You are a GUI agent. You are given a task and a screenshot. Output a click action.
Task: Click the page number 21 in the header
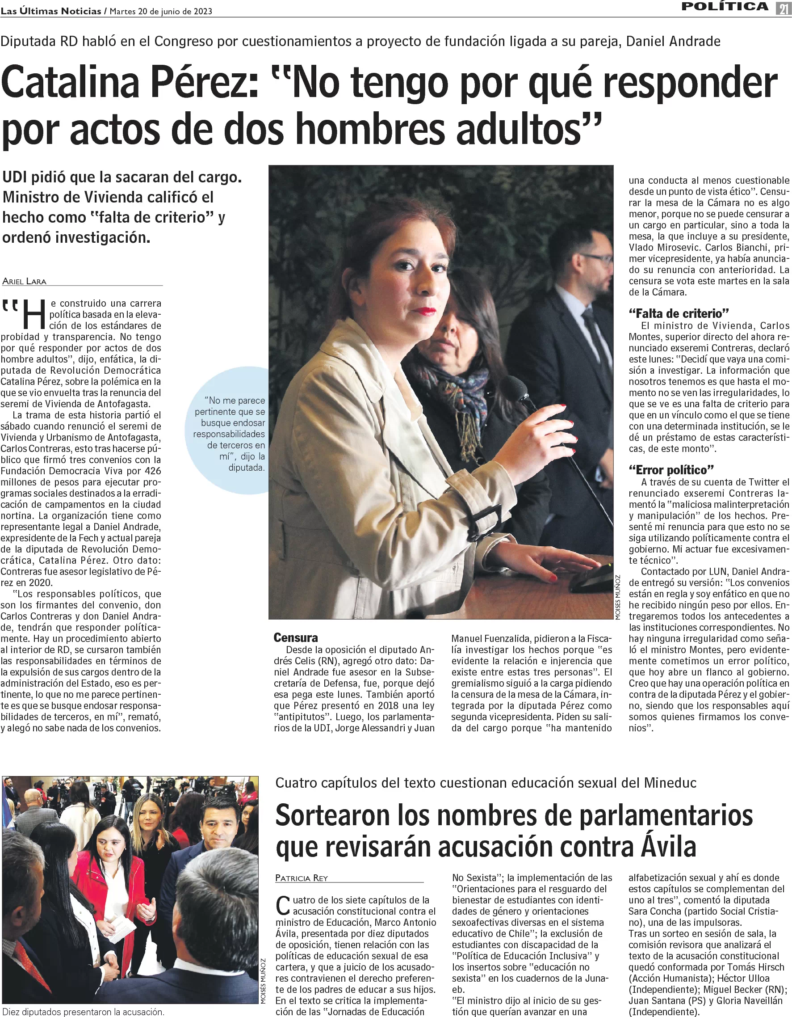coord(784,8)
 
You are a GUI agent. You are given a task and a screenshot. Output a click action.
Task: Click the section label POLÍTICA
coord(725,7)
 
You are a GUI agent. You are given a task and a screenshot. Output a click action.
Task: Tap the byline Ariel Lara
coord(24,281)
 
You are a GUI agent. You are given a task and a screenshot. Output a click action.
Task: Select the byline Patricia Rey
coord(302,878)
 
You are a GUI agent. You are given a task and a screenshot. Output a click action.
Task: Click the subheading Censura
coord(295,637)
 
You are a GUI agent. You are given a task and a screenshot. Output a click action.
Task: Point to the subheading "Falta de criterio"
coord(679,313)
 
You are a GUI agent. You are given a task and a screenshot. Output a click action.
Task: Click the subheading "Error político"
coord(671,469)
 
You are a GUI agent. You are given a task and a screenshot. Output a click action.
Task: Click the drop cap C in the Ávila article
coord(283,906)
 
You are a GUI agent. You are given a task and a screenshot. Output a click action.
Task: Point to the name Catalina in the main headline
coord(70,82)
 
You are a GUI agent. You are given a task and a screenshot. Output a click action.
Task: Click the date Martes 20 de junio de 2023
coord(160,11)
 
